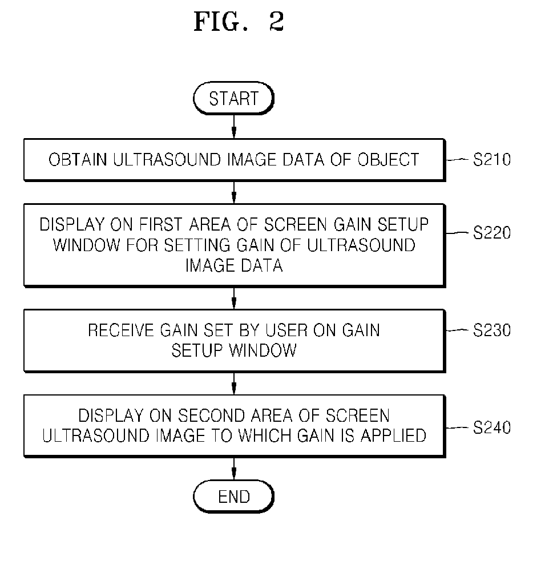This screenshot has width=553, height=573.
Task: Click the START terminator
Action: pyautogui.click(x=233, y=98)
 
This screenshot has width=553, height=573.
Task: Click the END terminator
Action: pyautogui.click(x=233, y=497)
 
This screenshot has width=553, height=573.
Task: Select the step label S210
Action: pyautogui.click(x=491, y=159)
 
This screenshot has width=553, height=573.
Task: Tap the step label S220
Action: pyautogui.click(x=491, y=232)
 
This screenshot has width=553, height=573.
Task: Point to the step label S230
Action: pyautogui.click(x=491, y=330)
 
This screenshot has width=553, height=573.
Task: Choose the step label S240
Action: pyautogui.click(x=491, y=427)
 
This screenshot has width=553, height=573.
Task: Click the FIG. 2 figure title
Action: pyautogui.click(x=239, y=21)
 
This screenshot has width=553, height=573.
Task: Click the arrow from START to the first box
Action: pyautogui.click(x=234, y=127)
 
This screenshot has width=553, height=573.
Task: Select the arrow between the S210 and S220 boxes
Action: pyautogui.click(x=234, y=192)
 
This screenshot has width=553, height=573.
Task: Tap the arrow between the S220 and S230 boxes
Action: pyautogui.click(x=234, y=298)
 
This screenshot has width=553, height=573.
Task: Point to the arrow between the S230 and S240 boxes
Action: pyautogui.click(x=234, y=384)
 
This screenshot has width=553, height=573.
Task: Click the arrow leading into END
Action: pyautogui.click(x=234, y=469)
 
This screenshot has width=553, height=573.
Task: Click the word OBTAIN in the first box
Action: pyautogui.click(x=78, y=160)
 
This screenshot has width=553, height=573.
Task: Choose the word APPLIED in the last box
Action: pyautogui.click(x=394, y=435)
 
